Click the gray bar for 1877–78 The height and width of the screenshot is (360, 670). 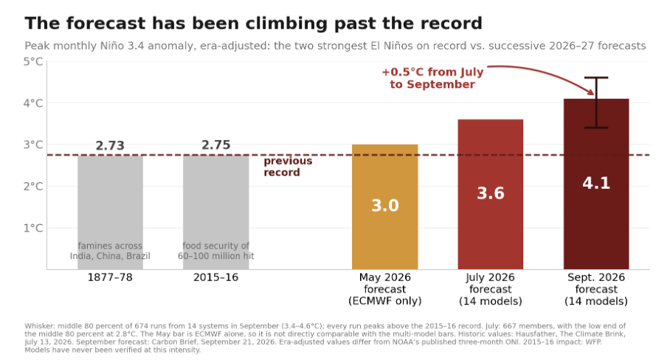tap(110, 212)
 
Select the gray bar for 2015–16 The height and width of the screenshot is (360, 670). tap(215, 212)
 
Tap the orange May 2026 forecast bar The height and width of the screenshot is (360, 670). tap(385, 207)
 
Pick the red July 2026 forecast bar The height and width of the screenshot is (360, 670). tap(491, 194)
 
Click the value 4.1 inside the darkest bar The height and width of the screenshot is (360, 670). tap(596, 183)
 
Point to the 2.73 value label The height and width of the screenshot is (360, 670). tap(110, 145)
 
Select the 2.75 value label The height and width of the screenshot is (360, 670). tap(215, 145)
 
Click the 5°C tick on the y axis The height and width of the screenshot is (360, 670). tap(33, 62)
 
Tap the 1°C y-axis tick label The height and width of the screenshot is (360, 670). tap(33, 228)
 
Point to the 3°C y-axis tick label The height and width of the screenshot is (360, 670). tap(33, 145)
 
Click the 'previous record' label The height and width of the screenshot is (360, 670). tap(288, 167)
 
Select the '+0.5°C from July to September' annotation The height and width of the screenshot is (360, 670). tap(432, 78)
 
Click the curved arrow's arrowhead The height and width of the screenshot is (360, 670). tap(591, 91)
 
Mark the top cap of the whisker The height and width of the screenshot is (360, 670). tap(596, 77)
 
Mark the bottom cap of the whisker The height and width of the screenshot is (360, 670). tap(596, 128)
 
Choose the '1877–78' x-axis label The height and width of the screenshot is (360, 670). tap(110, 277)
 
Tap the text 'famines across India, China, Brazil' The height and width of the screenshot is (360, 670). tap(110, 251)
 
